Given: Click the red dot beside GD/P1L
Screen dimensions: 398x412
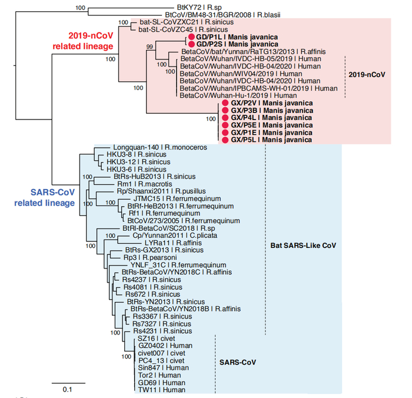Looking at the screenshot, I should point(191,37).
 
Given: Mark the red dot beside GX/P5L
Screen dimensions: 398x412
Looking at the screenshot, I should point(224,140).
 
